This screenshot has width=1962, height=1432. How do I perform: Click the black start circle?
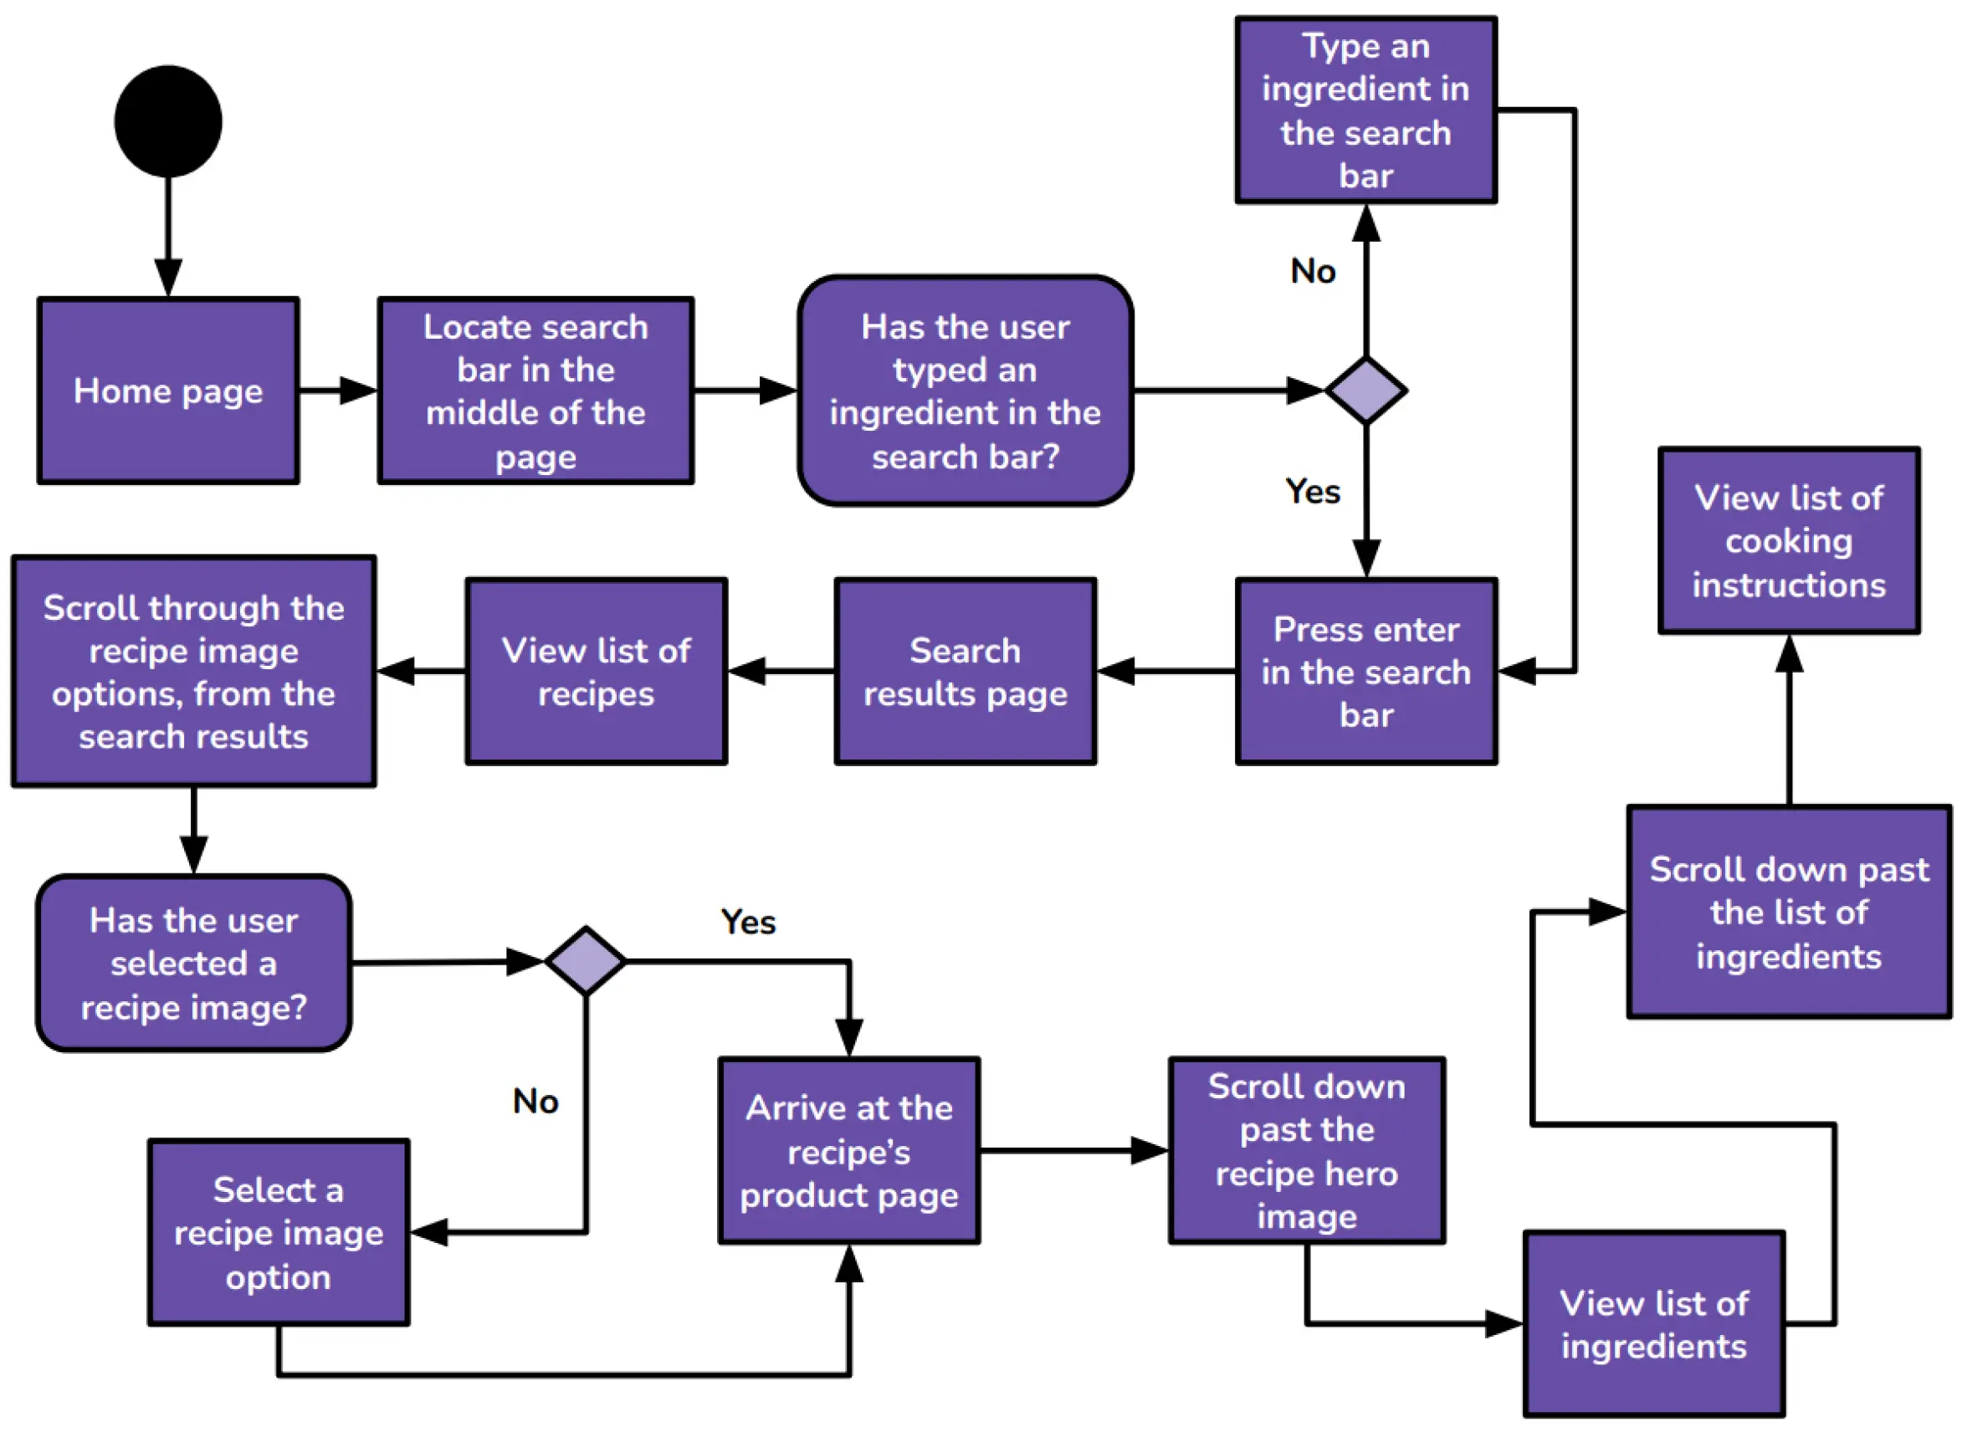pos(168,121)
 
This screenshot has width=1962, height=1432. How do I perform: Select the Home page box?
pos(168,391)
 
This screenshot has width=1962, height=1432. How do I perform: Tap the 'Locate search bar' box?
pos(535,391)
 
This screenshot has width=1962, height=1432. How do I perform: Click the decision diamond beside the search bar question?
pos(1366,391)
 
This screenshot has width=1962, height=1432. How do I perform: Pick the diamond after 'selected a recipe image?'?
pos(586,961)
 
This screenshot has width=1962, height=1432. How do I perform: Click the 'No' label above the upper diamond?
pos(1313,271)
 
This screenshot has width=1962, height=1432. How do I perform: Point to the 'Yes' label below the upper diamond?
pos(1313,492)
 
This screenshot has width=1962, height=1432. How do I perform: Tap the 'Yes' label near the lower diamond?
pos(748,923)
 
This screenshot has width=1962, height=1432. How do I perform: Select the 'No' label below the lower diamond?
pos(535,1102)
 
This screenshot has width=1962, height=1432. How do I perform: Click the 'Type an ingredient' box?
pos(1365,110)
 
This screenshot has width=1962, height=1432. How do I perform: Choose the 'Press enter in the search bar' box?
pos(1365,672)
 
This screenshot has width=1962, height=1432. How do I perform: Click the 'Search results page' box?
pos(965,672)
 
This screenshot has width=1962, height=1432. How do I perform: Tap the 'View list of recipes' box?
pos(596,672)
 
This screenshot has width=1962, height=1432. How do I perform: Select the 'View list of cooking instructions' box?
pos(1789,541)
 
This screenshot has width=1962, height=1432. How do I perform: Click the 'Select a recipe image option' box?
pos(279,1233)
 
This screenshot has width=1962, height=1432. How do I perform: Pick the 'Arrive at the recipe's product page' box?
pos(848,1151)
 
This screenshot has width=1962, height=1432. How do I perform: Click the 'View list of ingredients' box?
pos(1653,1324)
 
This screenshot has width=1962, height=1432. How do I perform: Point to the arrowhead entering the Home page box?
pos(168,279)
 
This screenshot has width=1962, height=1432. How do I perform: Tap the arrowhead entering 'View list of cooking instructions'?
pos(1789,654)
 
